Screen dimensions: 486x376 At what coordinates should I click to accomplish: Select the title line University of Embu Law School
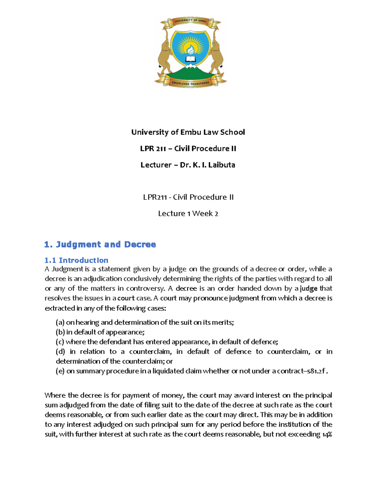[188, 132]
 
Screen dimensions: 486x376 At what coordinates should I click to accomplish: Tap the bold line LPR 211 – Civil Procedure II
[188, 148]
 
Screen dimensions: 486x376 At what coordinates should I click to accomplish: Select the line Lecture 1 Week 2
[188, 213]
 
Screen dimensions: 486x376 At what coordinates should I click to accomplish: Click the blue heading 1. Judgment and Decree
[100, 244]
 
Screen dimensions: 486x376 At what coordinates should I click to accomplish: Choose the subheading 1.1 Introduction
[76, 260]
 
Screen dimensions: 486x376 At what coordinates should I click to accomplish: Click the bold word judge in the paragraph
[308, 289]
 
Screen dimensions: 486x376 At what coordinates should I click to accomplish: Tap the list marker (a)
[60, 322]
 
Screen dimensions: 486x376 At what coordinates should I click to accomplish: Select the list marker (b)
[60, 332]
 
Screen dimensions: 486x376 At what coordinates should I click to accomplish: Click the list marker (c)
[60, 342]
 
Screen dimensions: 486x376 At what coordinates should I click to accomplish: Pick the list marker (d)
[60, 351]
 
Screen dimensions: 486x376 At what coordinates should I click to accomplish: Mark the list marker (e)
[60, 371]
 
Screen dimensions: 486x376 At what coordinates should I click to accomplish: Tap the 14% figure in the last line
[327, 434]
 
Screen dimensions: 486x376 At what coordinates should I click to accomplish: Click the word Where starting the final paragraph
[55, 395]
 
